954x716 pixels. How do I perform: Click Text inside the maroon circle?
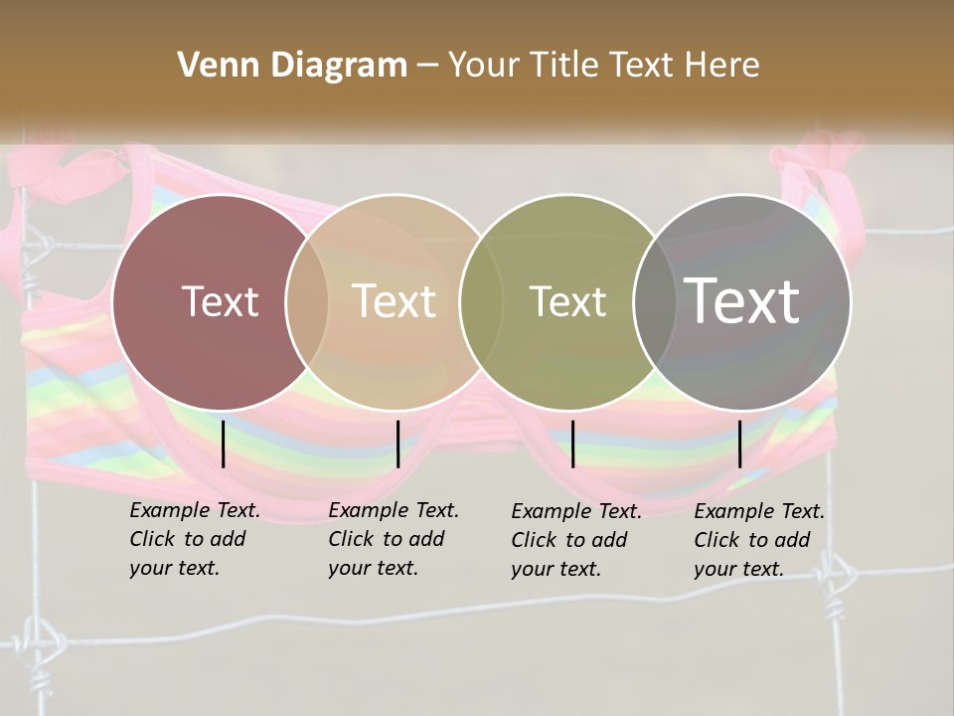220,301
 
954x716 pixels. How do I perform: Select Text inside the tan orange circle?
394,301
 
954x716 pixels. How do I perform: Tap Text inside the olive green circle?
567,301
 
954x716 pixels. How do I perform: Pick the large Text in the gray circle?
741,301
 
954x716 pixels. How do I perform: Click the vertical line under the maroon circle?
224,444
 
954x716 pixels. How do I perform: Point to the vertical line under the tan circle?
397,444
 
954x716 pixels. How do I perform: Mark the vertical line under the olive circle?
572,444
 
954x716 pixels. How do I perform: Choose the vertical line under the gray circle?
740,444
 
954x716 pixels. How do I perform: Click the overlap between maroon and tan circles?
307,301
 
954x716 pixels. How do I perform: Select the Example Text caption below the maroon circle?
194,539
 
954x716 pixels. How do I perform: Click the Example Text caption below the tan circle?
393,539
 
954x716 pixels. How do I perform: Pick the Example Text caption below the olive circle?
575,540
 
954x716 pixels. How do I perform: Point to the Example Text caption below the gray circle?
758,540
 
